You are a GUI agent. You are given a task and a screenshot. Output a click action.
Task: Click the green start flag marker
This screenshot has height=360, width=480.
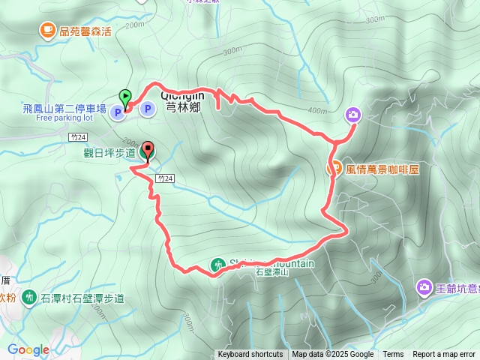(124, 96)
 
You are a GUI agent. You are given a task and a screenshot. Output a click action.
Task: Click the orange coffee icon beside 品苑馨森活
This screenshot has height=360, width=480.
(47, 30)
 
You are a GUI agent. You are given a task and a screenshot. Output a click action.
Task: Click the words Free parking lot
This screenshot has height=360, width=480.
(64, 118)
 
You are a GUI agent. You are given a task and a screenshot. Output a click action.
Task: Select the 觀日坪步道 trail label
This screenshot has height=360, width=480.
(109, 153)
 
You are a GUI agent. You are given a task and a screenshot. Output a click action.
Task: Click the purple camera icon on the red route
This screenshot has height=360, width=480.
(353, 115)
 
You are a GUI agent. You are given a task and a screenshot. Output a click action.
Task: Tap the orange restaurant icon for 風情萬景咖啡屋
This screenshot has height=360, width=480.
(336, 169)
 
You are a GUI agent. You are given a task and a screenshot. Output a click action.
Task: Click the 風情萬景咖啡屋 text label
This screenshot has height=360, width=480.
(382, 169)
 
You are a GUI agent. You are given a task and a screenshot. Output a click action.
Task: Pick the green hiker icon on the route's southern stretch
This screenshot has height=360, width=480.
(217, 265)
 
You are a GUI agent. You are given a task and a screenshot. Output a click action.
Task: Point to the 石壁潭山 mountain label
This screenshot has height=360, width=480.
(271, 273)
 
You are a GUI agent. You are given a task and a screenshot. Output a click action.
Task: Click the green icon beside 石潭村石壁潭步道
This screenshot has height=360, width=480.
(29, 298)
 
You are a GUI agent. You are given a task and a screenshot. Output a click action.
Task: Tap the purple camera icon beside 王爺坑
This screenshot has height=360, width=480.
(424, 286)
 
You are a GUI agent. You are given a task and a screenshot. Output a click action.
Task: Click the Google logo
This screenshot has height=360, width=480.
(28, 350)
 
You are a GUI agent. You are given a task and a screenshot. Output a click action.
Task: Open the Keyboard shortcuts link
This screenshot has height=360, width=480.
(250, 355)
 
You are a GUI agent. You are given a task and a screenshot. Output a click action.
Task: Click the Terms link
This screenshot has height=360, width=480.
(393, 355)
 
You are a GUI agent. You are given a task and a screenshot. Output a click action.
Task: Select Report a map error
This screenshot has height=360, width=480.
(444, 355)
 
